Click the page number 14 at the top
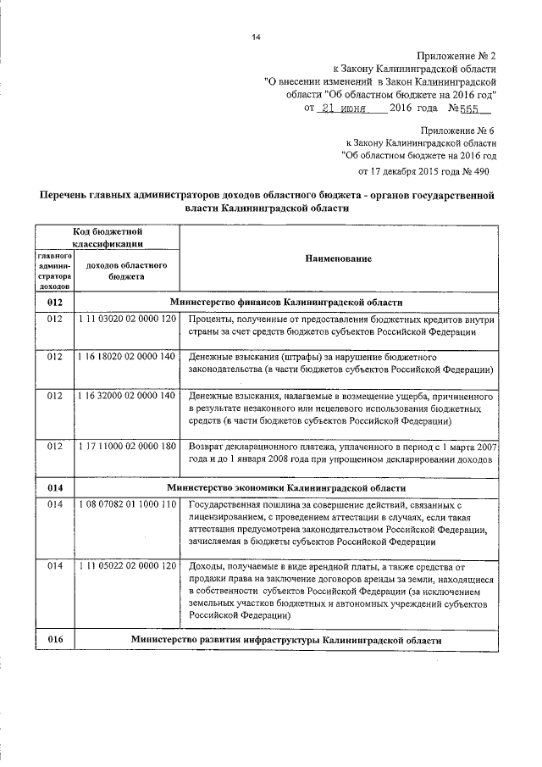point(257,36)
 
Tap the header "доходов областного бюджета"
point(126,270)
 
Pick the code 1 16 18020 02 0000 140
point(126,358)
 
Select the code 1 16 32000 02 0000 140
point(126,396)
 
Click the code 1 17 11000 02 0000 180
point(126,447)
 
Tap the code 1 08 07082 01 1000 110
point(126,504)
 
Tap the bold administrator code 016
point(55,640)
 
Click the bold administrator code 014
point(55,488)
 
